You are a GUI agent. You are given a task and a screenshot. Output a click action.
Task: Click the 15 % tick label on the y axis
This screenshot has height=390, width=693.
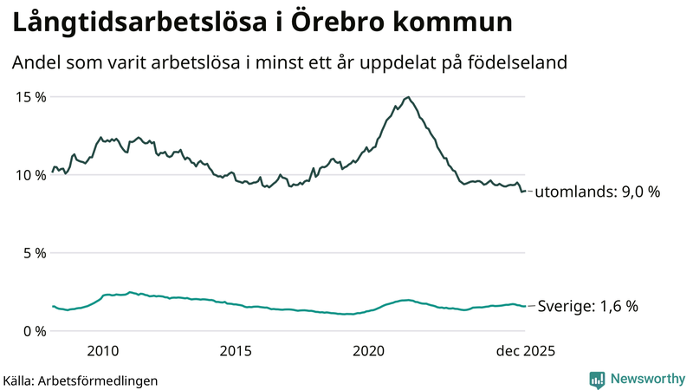[30, 96]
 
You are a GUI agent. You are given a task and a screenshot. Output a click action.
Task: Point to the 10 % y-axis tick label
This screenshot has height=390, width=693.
[30, 175]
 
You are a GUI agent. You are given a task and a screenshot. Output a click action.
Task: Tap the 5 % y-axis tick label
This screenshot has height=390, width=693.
[34, 253]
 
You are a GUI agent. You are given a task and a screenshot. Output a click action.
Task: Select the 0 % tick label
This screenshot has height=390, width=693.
[34, 331]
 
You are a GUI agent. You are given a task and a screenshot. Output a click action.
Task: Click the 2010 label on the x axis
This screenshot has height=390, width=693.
[102, 350]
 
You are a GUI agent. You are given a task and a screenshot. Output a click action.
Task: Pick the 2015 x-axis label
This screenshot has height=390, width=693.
[236, 350]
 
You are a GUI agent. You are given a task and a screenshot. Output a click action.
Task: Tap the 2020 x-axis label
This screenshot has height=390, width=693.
[369, 350]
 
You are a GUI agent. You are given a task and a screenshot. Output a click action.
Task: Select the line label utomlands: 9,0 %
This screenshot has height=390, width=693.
[598, 192]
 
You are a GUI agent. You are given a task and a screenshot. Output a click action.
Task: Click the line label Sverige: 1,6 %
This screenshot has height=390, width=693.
[588, 306]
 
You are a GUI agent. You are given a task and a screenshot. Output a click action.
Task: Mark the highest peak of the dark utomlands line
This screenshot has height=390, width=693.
[408, 97]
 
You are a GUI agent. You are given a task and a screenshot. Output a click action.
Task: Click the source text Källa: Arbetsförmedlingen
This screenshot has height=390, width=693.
[81, 380]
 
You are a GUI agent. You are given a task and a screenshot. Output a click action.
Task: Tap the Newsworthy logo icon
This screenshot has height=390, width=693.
[597, 379]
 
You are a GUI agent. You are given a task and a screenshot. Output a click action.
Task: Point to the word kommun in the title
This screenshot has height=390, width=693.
[450, 23]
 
